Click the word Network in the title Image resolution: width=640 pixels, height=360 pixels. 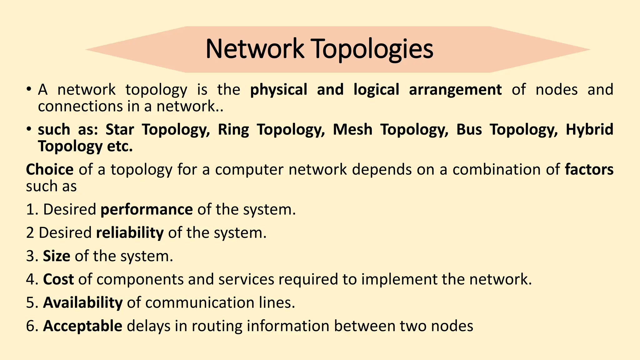[255, 49]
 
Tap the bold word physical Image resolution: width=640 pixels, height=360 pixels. [279, 90]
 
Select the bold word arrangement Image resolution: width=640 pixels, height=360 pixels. [455, 90]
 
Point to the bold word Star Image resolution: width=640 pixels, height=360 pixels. [120, 130]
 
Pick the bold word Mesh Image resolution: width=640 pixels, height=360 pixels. [352, 130]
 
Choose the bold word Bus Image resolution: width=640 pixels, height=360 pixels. [469, 130]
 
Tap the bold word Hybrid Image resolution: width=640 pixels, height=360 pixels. [589, 130]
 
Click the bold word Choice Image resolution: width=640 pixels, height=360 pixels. [50, 170]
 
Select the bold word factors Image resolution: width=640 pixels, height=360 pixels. [589, 170]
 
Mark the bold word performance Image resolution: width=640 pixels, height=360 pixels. [147, 210]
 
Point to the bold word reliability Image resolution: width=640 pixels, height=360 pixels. [130, 233]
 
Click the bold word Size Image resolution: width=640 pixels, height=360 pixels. [57, 256]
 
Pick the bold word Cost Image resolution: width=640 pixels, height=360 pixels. [58, 279]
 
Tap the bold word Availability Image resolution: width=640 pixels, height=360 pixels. [83, 302]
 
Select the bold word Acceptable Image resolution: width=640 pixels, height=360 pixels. [82, 326]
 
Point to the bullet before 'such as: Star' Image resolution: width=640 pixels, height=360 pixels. [29, 129]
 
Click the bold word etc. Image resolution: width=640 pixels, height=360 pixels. [120, 146]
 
